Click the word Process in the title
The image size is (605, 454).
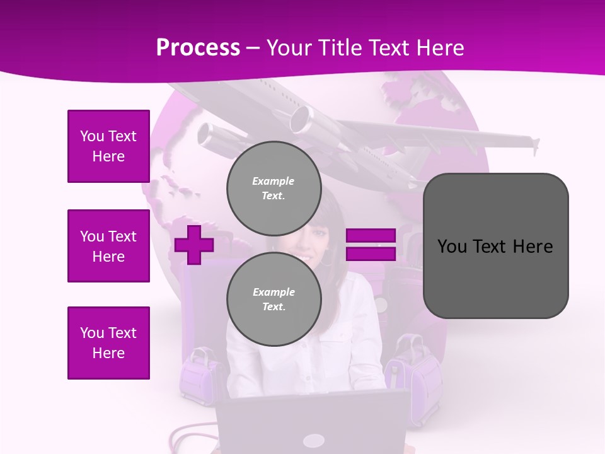point(198,48)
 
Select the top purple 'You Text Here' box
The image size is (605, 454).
point(108,146)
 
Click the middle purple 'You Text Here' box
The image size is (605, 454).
point(108,246)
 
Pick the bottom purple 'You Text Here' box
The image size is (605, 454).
point(108,343)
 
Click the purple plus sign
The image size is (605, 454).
point(194,245)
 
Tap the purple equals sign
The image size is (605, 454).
point(371,245)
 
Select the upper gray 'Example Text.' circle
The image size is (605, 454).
point(274,188)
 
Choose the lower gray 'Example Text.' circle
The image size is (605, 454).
point(274,299)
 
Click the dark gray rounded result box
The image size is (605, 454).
point(495,277)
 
